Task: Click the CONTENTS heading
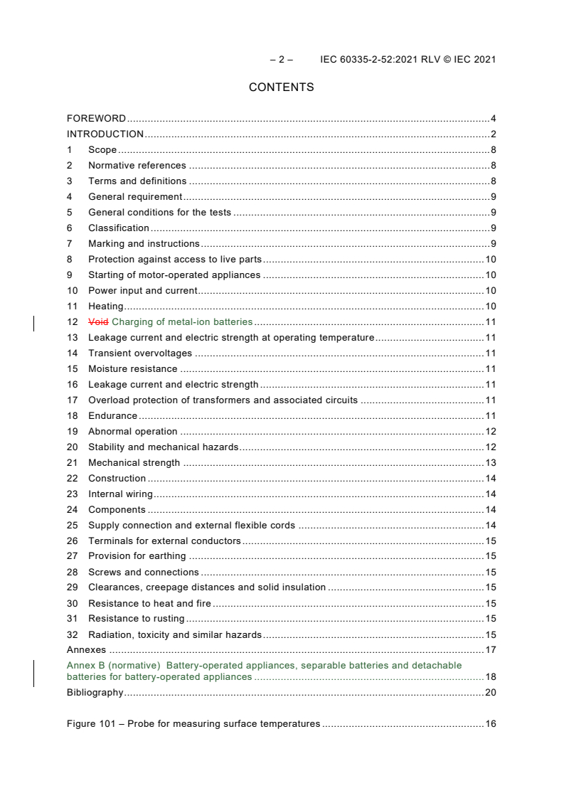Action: pos(281,87)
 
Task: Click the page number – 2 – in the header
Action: pos(281,60)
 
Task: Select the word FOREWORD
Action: pos(96,119)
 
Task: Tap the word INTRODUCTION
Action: pos(105,134)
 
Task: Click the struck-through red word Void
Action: pos(98,322)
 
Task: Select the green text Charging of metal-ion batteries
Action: pos(182,322)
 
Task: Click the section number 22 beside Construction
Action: pos(72,479)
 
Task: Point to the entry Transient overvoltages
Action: pos(140,353)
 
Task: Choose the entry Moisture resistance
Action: pos(133,369)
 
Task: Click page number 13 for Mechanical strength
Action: pos(490,463)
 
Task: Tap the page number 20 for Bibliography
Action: pos(490,693)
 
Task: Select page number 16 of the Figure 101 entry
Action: pos(490,724)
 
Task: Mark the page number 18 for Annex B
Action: pos(490,677)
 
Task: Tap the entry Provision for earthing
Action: pos(137,556)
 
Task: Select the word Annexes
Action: pos(86,650)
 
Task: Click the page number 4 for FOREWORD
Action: pos(493,119)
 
